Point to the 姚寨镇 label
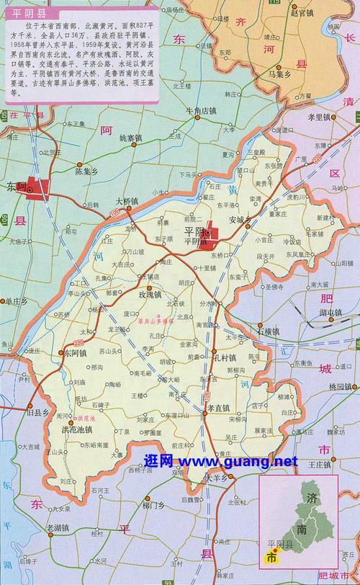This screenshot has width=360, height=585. tap(132, 137)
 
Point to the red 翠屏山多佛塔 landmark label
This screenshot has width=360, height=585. tap(156, 323)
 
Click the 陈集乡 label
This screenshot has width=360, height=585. tap(87, 171)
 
